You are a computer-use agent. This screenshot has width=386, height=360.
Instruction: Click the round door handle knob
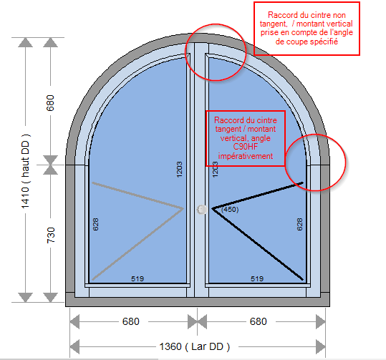(202, 210)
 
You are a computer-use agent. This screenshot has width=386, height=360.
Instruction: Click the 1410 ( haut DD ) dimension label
(25, 171)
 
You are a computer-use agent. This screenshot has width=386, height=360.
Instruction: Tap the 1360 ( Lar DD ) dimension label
(195, 346)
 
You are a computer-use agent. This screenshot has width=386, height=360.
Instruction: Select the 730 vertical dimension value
(50, 235)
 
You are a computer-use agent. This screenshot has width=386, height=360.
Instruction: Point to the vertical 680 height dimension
(50, 103)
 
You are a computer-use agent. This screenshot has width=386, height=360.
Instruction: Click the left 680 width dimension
(131, 321)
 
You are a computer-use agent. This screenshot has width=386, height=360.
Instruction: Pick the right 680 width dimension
(259, 321)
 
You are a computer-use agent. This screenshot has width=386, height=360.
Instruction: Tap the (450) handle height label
(230, 210)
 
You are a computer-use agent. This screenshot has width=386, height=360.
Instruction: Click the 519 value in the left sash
(137, 278)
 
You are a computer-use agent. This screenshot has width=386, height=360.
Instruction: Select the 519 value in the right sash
(257, 278)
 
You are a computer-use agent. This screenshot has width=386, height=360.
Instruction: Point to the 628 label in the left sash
(95, 224)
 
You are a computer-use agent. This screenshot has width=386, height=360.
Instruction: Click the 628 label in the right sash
(299, 224)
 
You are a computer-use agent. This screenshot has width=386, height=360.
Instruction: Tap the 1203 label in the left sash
(180, 170)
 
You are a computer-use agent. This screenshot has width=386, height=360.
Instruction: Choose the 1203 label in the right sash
(215, 170)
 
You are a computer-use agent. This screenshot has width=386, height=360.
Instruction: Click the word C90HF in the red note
(246, 147)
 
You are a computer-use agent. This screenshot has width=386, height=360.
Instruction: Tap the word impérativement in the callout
(246, 156)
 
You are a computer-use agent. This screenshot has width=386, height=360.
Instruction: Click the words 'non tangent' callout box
(307, 29)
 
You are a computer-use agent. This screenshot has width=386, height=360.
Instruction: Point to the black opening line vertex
(212, 209)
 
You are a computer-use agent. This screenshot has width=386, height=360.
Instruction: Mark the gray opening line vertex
(183, 209)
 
